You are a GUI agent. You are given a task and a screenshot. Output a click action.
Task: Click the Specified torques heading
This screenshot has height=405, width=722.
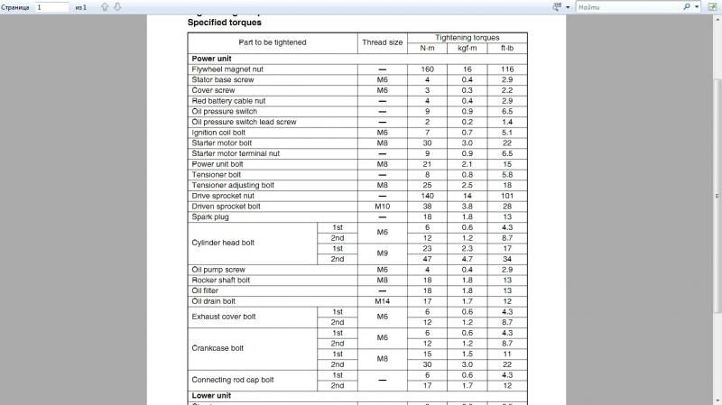pos(225,22)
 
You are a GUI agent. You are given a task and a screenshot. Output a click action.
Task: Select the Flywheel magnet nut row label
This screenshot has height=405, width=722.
pos(227,69)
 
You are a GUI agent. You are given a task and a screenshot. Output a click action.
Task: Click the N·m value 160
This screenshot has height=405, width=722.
pos(427,69)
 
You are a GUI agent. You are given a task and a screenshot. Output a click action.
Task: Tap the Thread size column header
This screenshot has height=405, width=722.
pos(382,42)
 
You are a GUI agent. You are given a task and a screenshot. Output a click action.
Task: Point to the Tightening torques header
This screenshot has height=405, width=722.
pos(467,38)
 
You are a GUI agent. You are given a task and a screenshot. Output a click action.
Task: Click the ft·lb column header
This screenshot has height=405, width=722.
pos(507,48)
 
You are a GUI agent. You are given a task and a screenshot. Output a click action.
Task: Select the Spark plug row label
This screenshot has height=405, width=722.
pos(209,216)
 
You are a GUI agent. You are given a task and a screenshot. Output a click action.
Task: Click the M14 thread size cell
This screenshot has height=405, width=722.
pos(382,301)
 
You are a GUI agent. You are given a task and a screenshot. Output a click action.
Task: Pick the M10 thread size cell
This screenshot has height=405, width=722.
pos(382,206)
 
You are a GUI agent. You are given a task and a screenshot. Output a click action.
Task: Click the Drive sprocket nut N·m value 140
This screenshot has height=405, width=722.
pos(427,196)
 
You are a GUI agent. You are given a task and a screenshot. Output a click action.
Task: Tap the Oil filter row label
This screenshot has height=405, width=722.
pos(207,290)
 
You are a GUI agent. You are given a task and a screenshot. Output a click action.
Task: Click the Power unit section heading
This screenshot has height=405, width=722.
pos(212,58)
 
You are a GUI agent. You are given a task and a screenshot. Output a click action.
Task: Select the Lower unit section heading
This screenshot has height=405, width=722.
pos(212,395)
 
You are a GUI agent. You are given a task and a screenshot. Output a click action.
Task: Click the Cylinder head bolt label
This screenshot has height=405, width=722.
pos(223,243)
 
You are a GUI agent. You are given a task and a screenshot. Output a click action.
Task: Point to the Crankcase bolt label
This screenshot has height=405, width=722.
pos(218,347)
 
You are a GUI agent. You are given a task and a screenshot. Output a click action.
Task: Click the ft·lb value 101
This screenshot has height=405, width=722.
pos(507,196)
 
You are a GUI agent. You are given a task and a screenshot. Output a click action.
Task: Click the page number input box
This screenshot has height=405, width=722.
pos(52,6)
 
